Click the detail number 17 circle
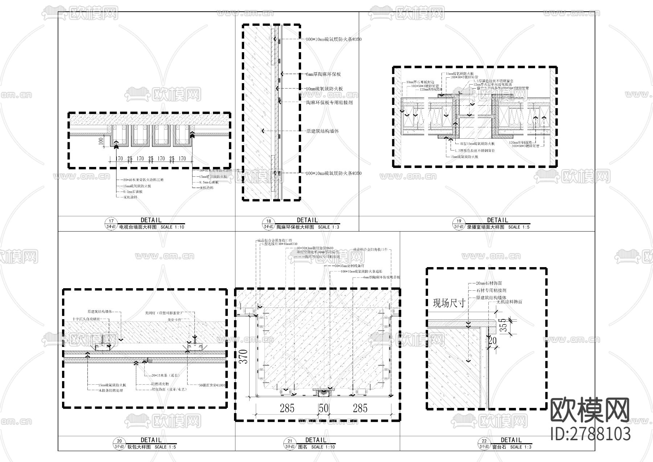tap(111, 221)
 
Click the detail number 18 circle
tap(269, 221)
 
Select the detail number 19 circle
tap(459, 221)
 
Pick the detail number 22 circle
tap(484, 441)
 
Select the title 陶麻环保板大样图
tap(295, 227)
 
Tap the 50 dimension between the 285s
tap(323, 408)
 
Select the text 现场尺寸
tap(449, 303)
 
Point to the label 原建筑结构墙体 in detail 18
tap(323, 131)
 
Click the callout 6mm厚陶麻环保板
tap(323, 74)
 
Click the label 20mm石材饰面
tap(489, 283)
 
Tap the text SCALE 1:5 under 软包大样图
tap(165, 447)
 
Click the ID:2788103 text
tap(591, 434)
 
